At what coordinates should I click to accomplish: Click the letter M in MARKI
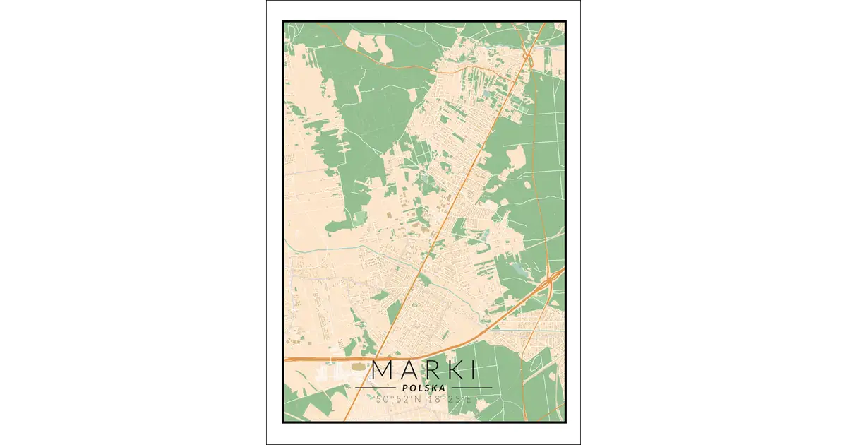tap(383, 370)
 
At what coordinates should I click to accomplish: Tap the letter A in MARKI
tap(409, 370)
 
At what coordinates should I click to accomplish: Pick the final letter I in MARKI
tap(470, 370)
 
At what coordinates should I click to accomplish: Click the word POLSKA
tap(423, 387)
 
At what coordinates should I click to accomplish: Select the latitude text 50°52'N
tap(397, 400)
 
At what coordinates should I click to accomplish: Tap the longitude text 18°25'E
tap(449, 400)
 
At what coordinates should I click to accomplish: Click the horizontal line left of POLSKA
tap(375, 387)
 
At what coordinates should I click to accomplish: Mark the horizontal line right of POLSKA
tap(471, 387)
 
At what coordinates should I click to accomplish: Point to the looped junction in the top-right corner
tap(527, 56)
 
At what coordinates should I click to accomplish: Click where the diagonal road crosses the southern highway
tap(375, 357)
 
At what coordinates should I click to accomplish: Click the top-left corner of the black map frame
tap(284, 20)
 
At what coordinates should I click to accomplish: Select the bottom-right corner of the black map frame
tap(564, 422)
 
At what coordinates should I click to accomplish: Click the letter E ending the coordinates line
tap(467, 400)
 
